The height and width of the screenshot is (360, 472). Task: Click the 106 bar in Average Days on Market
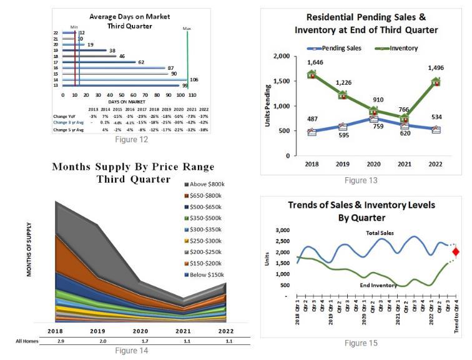tap(125, 79)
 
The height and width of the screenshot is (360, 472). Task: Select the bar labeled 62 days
tap(97, 62)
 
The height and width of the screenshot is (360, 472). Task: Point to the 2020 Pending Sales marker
tap(373, 118)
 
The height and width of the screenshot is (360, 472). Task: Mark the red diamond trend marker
tap(456, 252)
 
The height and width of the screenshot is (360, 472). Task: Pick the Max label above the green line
tap(187, 29)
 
